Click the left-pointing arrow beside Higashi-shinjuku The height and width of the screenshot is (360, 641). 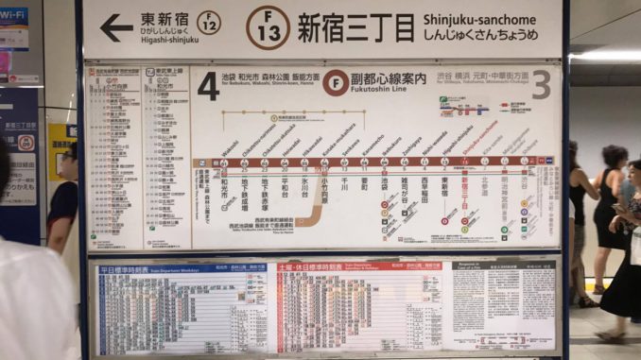coord(116,28)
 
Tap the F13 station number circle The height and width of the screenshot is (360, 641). coord(268,27)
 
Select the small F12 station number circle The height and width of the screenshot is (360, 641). coord(209,23)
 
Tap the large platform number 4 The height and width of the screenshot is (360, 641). coord(208,86)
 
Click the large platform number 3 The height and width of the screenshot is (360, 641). coord(541,85)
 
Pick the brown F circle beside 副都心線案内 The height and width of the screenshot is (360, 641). coord(334,82)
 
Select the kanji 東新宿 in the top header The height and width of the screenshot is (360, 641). coord(164,19)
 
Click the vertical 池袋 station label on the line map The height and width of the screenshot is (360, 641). coord(384,184)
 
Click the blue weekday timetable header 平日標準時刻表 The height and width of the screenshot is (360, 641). coord(127,269)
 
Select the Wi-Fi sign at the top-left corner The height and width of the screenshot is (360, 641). coord(14,16)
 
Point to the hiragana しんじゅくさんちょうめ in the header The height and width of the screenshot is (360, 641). coord(481,36)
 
